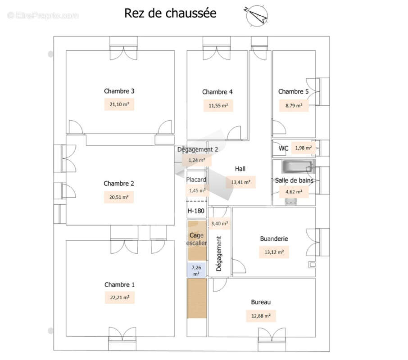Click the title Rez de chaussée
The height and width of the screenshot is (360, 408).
click(x=170, y=13)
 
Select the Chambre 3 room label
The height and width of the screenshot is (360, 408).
click(x=119, y=91)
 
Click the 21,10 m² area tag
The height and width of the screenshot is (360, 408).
click(x=119, y=104)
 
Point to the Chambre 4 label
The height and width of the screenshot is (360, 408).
click(x=217, y=92)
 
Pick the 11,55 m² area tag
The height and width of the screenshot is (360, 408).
click(x=218, y=106)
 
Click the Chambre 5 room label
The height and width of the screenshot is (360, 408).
click(x=293, y=91)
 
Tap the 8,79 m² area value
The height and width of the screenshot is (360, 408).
click(x=293, y=106)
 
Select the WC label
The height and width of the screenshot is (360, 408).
click(x=283, y=148)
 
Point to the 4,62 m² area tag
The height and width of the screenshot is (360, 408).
click(x=294, y=192)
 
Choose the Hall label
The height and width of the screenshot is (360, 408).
click(x=240, y=169)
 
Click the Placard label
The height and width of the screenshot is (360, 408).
click(x=196, y=180)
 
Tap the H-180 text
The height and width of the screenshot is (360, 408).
click(x=196, y=210)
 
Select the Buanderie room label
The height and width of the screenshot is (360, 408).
click(x=274, y=239)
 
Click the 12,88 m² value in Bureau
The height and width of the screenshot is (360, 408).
click(x=261, y=316)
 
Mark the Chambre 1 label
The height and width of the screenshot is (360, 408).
click(x=119, y=284)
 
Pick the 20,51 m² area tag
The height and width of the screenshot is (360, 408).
click(x=119, y=197)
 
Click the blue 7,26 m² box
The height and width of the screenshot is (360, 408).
click(x=197, y=270)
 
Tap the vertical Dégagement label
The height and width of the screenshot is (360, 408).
click(x=219, y=254)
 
